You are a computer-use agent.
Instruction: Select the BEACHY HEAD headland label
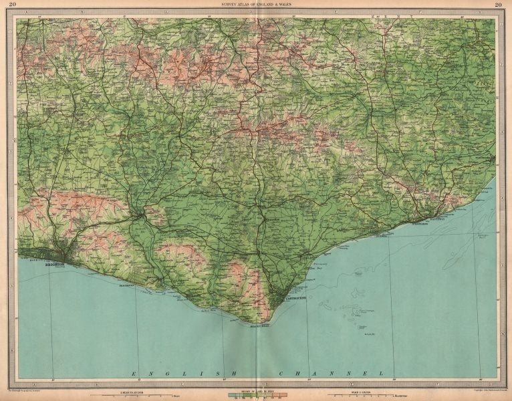pos(249,325)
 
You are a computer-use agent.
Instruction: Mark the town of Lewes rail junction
pos(138,215)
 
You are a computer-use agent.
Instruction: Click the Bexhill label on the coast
pos(380,236)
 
